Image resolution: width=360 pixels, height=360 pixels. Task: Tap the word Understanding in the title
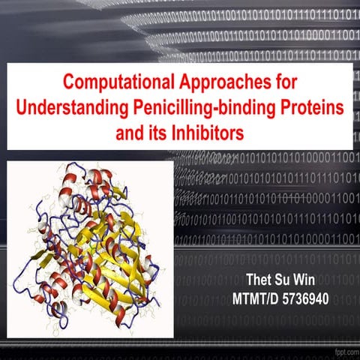83,109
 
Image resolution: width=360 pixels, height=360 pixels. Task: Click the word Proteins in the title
312,109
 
